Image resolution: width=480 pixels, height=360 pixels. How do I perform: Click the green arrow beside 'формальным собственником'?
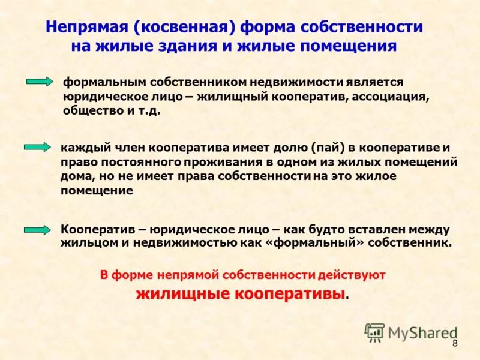40,82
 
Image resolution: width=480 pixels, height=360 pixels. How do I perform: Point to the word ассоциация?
390,97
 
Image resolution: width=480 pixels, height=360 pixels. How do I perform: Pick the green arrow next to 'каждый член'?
37,148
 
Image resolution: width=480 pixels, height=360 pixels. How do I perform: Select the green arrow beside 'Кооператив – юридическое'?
37,230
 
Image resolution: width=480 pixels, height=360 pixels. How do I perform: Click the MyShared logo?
411,332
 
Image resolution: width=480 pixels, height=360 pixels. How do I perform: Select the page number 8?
455,343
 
